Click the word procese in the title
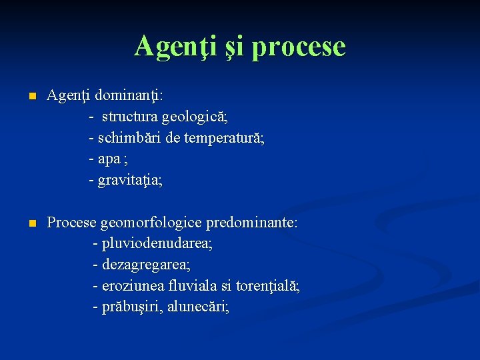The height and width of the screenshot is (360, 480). tap(299, 46)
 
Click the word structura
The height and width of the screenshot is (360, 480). tap(131, 117)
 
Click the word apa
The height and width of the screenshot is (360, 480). tap(109, 159)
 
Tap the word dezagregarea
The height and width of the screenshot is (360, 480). tap(146, 265)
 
